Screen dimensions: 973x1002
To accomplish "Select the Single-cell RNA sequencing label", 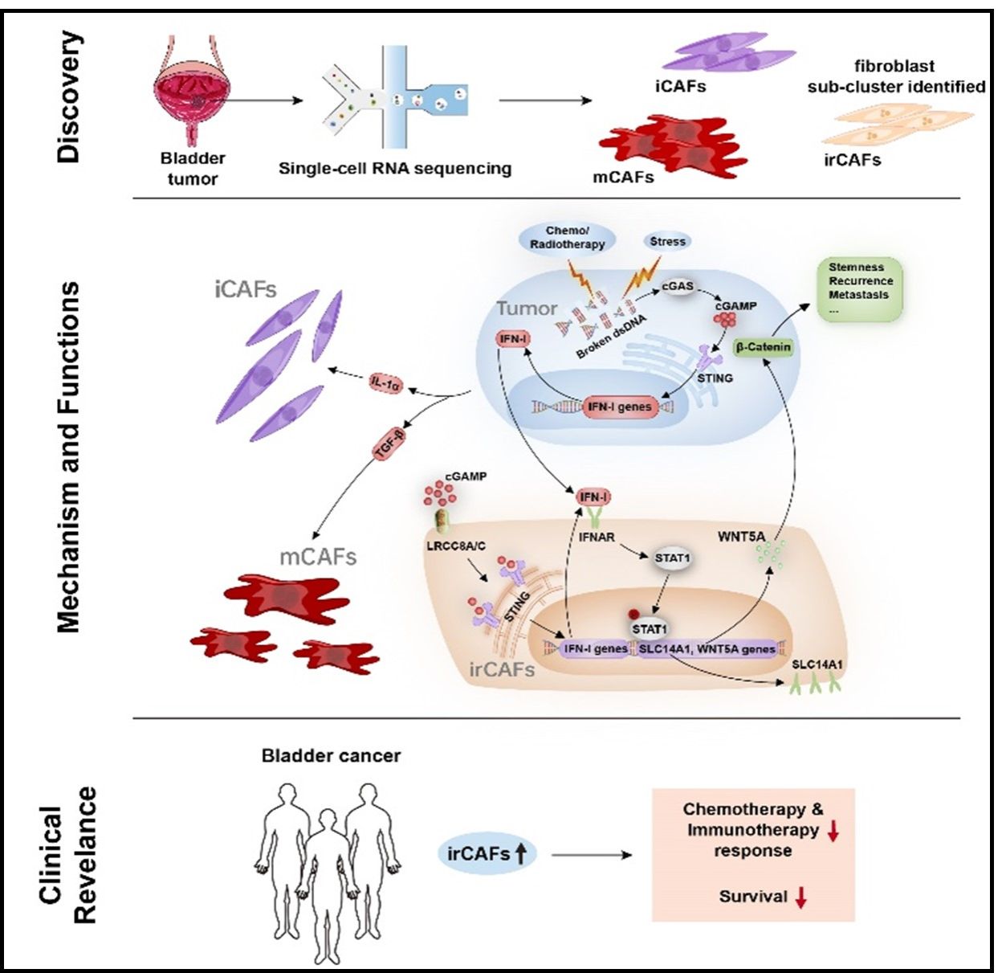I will coord(394,169).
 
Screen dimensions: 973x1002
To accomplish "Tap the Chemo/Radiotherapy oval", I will coord(567,237).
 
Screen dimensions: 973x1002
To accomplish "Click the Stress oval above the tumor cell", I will coord(667,241).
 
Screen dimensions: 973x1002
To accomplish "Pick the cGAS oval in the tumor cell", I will coord(677,287).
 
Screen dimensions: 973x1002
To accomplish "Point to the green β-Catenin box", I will coord(764,347).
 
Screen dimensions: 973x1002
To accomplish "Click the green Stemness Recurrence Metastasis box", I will coord(860,288).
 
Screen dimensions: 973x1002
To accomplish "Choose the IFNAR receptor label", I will coord(596,536).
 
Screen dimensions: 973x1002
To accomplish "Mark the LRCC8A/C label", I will coord(456,546).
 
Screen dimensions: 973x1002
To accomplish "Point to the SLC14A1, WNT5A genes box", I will coord(707,648).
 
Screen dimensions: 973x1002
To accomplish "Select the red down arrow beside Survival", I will coord(800,897).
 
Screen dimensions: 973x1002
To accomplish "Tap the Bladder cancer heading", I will coord(331,755).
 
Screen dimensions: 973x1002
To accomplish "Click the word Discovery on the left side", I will coord(69,97).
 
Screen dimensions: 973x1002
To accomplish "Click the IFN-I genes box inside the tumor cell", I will coord(619,407).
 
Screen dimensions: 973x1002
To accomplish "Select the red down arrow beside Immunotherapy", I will coord(833,832).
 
